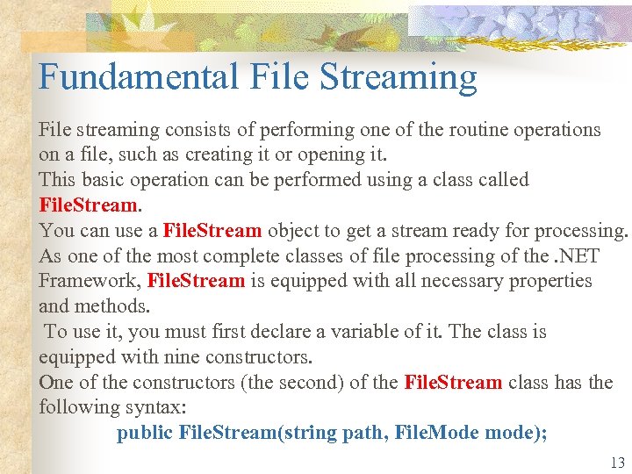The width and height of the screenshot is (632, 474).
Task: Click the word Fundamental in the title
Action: [138, 77]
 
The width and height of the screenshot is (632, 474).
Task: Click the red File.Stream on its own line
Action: [89, 205]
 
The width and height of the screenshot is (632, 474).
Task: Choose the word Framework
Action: [89, 281]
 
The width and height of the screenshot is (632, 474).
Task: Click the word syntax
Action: [167, 408]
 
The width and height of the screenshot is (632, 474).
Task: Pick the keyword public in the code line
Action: [145, 433]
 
